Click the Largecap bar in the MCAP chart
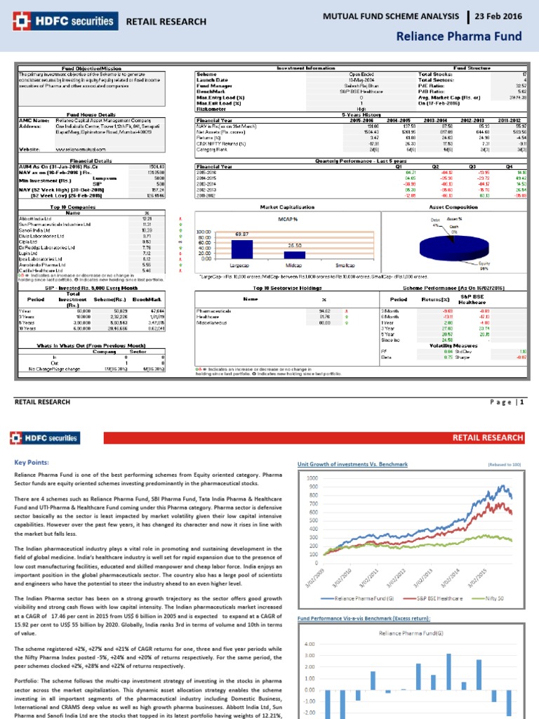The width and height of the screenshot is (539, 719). (242, 250)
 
